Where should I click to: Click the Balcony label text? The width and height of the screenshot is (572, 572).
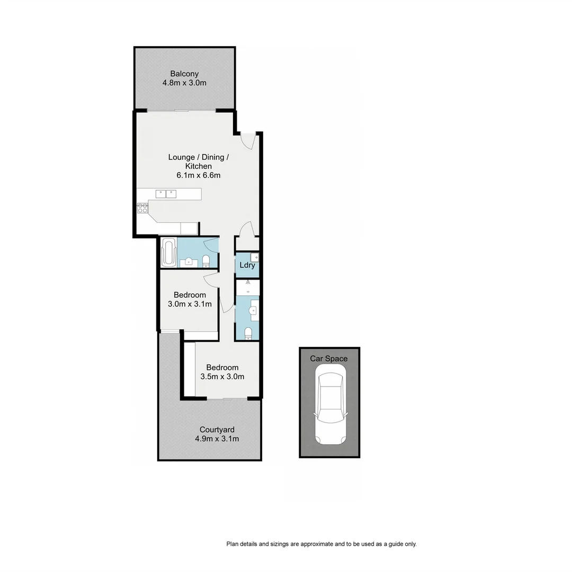184,74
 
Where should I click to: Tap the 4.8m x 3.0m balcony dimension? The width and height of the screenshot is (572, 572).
184,83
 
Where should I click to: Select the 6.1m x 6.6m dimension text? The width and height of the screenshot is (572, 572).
199,175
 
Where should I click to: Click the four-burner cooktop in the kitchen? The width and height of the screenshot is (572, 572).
142,208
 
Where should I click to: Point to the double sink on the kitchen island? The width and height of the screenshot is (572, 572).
166,194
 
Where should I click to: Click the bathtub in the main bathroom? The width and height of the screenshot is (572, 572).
168,253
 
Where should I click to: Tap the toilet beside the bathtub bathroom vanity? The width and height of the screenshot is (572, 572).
206,261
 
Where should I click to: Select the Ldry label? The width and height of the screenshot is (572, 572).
247,265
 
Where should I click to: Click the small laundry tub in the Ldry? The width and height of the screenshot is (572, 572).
254,257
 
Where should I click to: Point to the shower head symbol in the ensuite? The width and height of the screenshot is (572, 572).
247,284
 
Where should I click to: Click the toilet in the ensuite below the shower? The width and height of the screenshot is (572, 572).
248,333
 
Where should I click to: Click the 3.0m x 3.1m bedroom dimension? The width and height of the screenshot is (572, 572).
190,304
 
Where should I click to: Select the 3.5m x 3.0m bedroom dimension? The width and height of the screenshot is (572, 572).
222,377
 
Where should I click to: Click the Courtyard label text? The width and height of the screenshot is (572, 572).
217,430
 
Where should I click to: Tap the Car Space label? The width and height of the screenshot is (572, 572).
329,359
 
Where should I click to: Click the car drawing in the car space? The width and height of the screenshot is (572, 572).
329,408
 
